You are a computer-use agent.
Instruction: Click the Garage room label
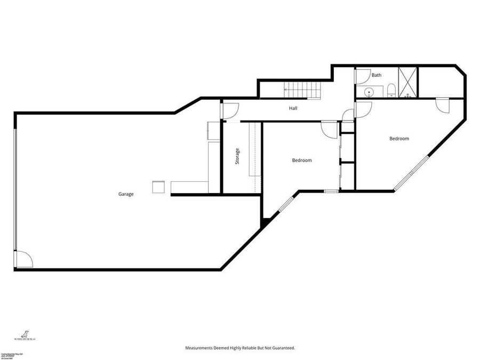click(x=126, y=194)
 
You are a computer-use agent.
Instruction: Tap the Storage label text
click(x=237, y=156)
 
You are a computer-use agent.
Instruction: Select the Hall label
click(x=293, y=108)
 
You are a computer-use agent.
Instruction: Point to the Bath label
click(x=377, y=75)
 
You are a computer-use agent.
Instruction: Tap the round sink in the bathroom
click(x=367, y=92)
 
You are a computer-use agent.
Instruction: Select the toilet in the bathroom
click(x=390, y=89)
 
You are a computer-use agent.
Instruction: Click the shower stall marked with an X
click(x=408, y=83)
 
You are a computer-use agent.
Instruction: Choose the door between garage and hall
click(x=228, y=110)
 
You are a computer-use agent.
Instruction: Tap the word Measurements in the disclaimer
click(x=203, y=348)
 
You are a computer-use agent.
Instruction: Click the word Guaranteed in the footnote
click(x=281, y=348)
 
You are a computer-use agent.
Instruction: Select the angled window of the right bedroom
click(x=411, y=173)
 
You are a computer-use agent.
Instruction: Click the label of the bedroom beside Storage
click(x=301, y=160)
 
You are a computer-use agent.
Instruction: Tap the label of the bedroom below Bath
click(x=399, y=139)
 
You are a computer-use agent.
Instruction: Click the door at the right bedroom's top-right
click(x=443, y=105)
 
